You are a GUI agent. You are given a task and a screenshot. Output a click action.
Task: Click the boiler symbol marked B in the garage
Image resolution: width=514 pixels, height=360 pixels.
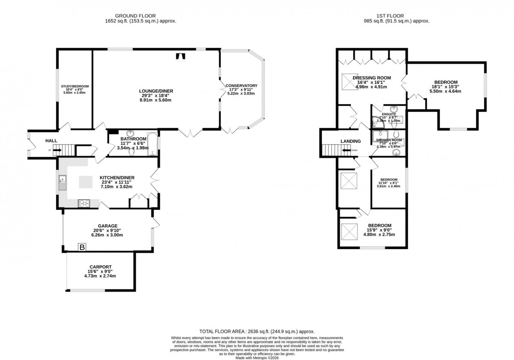pos(82,247)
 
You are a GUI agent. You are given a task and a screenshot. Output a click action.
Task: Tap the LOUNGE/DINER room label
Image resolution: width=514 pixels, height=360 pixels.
pos(156,91)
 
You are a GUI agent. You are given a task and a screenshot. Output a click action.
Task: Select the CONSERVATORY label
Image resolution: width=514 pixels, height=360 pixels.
pos(241,86)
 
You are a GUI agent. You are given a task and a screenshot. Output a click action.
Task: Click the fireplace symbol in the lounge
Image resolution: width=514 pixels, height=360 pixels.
pos(180,57)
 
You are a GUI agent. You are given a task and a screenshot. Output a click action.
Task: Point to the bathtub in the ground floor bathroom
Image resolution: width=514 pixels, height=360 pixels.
pos(152,144)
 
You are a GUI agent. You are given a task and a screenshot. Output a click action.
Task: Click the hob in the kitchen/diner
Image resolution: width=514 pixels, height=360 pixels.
pos(84,203)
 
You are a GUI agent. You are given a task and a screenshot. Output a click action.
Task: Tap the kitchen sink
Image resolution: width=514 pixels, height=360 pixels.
pos(62,183)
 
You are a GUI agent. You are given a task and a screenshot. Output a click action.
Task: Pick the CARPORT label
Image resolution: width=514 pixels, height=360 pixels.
pos(100,267)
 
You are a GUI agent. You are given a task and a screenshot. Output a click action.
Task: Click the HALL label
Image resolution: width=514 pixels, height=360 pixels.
pos(51,141)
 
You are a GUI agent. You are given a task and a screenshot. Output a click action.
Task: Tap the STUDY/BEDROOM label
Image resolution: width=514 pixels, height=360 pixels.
pos(75,86)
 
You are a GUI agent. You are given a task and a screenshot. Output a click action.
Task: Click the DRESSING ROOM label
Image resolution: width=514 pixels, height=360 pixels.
pos(371,78)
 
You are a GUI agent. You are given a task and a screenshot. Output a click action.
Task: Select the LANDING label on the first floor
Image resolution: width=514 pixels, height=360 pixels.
pos(350,141)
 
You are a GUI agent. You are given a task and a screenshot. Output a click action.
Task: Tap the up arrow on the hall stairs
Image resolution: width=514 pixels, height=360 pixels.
pos(57,150)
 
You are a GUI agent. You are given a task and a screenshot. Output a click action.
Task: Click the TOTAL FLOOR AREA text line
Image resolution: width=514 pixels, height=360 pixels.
pos(257,331)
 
